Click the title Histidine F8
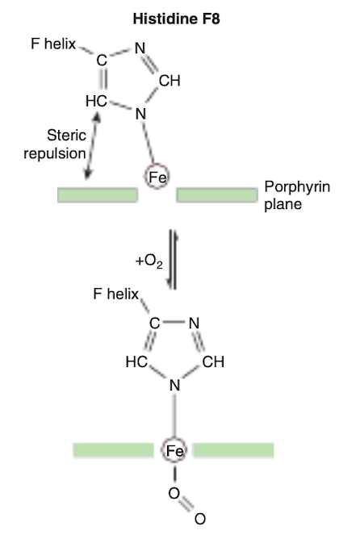(x=176, y=19)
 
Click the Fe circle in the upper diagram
(x=157, y=177)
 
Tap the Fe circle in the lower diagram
(x=174, y=450)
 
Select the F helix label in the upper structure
(x=53, y=44)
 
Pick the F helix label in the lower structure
(x=116, y=294)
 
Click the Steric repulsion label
(x=55, y=144)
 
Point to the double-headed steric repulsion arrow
(x=92, y=146)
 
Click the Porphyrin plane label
(x=297, y=195)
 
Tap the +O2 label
(x=149, y=261)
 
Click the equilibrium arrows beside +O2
(x=172, y=260)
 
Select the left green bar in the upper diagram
(x=98, y=195)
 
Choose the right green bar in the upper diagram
(x=217, y=195)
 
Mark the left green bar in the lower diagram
(x=113, y=450)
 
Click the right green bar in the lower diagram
(x=233, y=450)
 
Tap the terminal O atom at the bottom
(x=200, y=519)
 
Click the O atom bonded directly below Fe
(x=174, y=493)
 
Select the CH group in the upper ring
(x=170, y=81)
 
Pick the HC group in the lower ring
(x=136, y=361)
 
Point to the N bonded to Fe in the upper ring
(x=140, y=114)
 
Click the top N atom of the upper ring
(x=140, y=48)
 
